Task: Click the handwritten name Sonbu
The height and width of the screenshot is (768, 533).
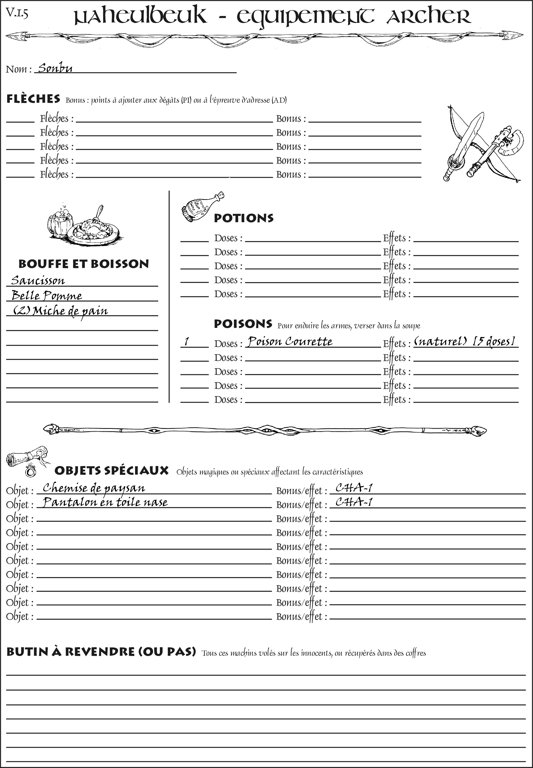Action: click(55, 68)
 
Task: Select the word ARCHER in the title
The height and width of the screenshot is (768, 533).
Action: click(429, 17)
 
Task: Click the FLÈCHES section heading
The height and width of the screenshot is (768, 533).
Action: click(33, 99)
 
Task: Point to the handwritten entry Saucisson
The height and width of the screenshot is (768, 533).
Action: click(38, 280)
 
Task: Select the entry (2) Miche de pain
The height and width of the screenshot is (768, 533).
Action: click(60, 311)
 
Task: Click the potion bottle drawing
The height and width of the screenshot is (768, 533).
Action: click(202, 207)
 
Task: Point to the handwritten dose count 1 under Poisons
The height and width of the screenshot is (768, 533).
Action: click(187, 342)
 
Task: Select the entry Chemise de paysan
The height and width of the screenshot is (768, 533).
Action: click(94, 488)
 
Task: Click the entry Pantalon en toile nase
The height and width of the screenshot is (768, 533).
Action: click(105, 502)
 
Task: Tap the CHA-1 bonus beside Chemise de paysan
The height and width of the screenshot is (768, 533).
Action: click(354, 488)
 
